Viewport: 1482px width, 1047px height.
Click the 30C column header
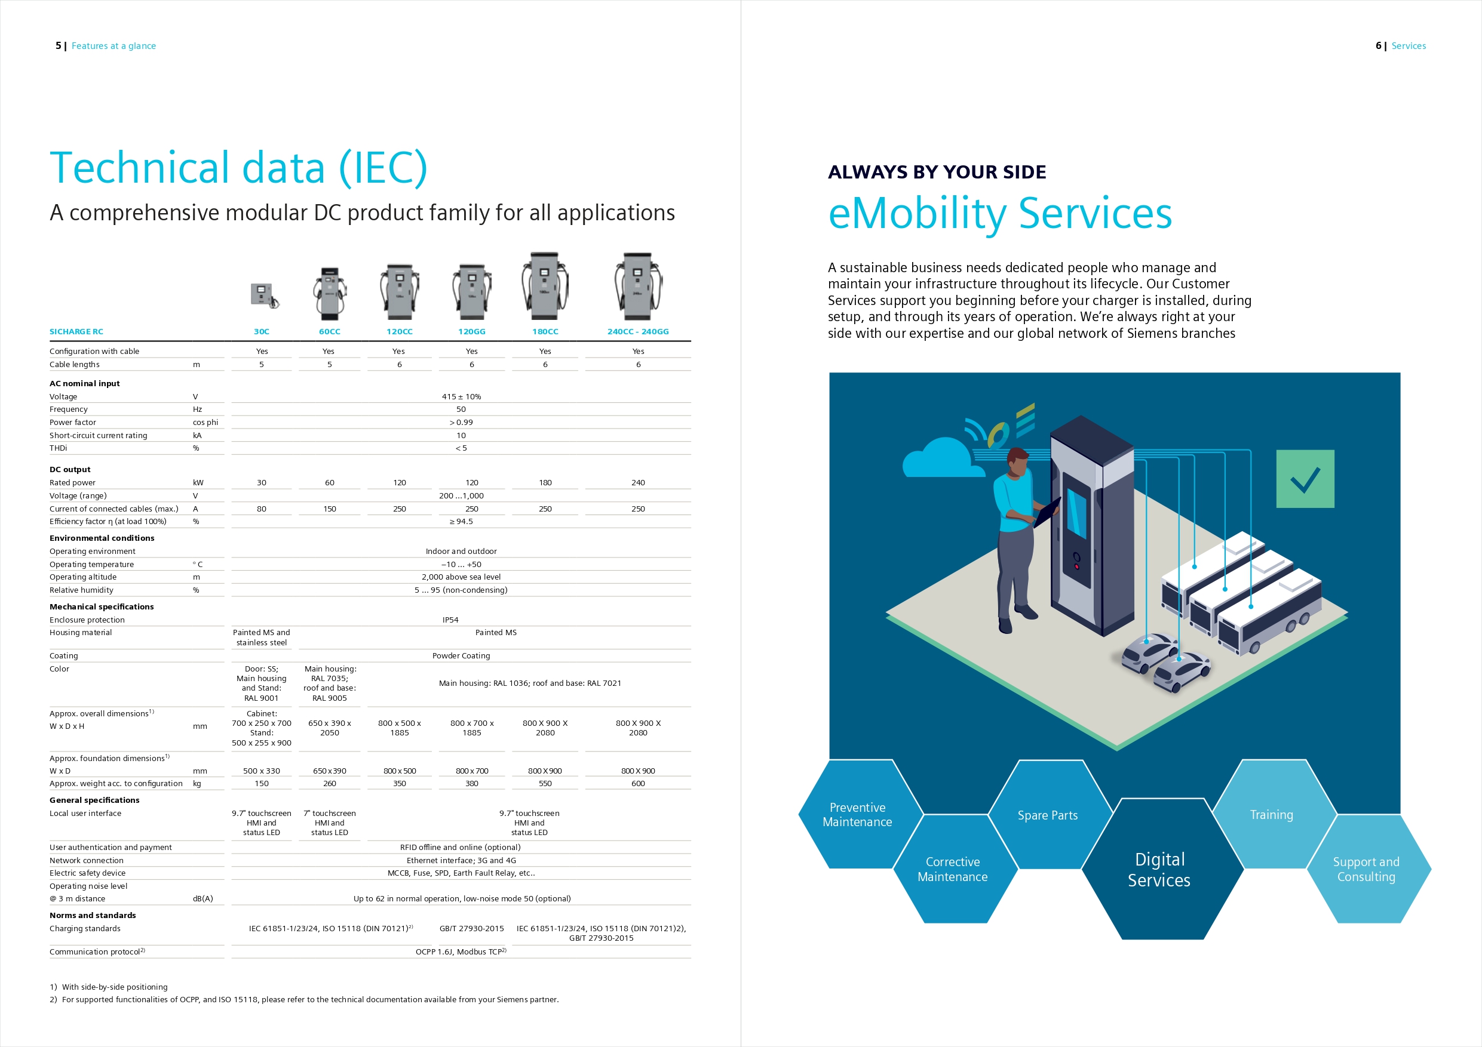click(x=262, y=331)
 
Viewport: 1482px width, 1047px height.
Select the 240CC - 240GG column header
click(x=638, y=331)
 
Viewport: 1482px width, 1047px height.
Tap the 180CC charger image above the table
click(x=545, y=287)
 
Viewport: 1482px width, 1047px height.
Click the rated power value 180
click(x=545, y=482)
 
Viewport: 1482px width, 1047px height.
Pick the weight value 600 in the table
click(x=638, y=783)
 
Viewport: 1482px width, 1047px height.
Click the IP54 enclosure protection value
click(x=450, y=620)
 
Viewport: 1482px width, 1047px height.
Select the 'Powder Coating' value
click(x=461, y=655)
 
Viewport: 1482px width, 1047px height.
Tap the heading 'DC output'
click(x=70, y=470)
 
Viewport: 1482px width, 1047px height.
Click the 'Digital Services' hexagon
click(x=1160, y=869)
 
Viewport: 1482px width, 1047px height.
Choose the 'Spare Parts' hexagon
click(x=1048, y=815)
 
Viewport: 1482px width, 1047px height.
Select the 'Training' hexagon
click(x=1272, y=815)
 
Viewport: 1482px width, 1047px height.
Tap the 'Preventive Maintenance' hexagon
click(x=857, y=815)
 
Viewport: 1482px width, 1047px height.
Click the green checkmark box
click(x=1305, y=479)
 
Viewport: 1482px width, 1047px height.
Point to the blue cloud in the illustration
click(x=943, y=458)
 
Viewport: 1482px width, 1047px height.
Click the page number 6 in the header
click(x=1378, y=46)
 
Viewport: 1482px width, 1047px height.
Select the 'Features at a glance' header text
click(x=113, y=46)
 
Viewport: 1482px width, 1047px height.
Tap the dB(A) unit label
click(x=202, y=898)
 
